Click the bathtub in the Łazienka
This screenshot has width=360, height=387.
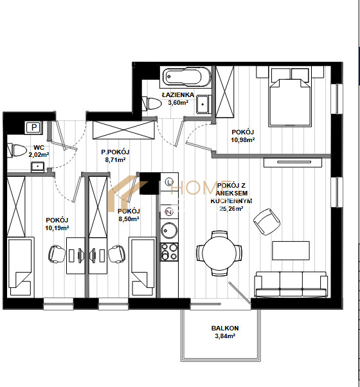[x=186, y=77]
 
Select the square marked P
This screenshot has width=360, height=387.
[x=34, y=127]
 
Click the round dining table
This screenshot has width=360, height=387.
[x=219, y=253]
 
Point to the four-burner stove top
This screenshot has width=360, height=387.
[x=169, y=252]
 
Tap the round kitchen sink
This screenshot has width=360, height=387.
[x=169, y=230]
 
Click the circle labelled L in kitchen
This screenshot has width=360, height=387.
[x=169, y=183]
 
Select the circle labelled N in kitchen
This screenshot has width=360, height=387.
[x=169, y=212]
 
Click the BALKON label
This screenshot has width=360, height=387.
[x=225, y=328]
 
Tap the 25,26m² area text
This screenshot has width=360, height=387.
[x=231, y=209]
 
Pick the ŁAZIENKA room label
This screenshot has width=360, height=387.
[x=178, y=94]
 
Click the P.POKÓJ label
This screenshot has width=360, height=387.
[x=115, y=152]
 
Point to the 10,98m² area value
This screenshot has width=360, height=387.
[x=243, y=140]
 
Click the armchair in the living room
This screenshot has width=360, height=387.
[x=267, y=222]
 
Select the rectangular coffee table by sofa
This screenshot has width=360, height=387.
[x=291, y=251]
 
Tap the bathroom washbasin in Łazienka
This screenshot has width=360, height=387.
[x=204, y=104]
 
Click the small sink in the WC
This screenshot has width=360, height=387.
[x=38, y=167]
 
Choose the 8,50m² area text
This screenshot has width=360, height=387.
[x=129, y=219]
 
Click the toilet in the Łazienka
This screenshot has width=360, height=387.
[x=152, y=104]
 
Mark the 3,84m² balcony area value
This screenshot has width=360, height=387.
[x=225, y=336]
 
